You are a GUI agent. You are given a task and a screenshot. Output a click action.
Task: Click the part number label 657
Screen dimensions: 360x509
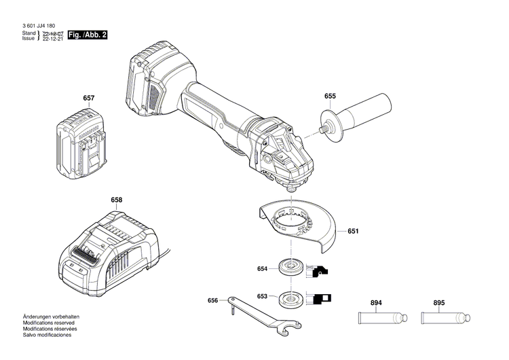[x=88, y=98]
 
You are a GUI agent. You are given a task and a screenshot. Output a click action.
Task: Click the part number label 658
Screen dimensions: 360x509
[x=117, y=200]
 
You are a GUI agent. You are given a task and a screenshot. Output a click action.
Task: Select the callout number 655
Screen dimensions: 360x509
[x=330, y=96]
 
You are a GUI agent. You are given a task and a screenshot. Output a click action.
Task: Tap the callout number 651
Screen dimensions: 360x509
[x=353, y=232]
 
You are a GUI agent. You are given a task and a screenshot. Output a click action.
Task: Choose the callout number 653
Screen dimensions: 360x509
[x=263, y=296]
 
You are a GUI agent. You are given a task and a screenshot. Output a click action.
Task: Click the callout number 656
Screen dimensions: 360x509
[x=212, y=300]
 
